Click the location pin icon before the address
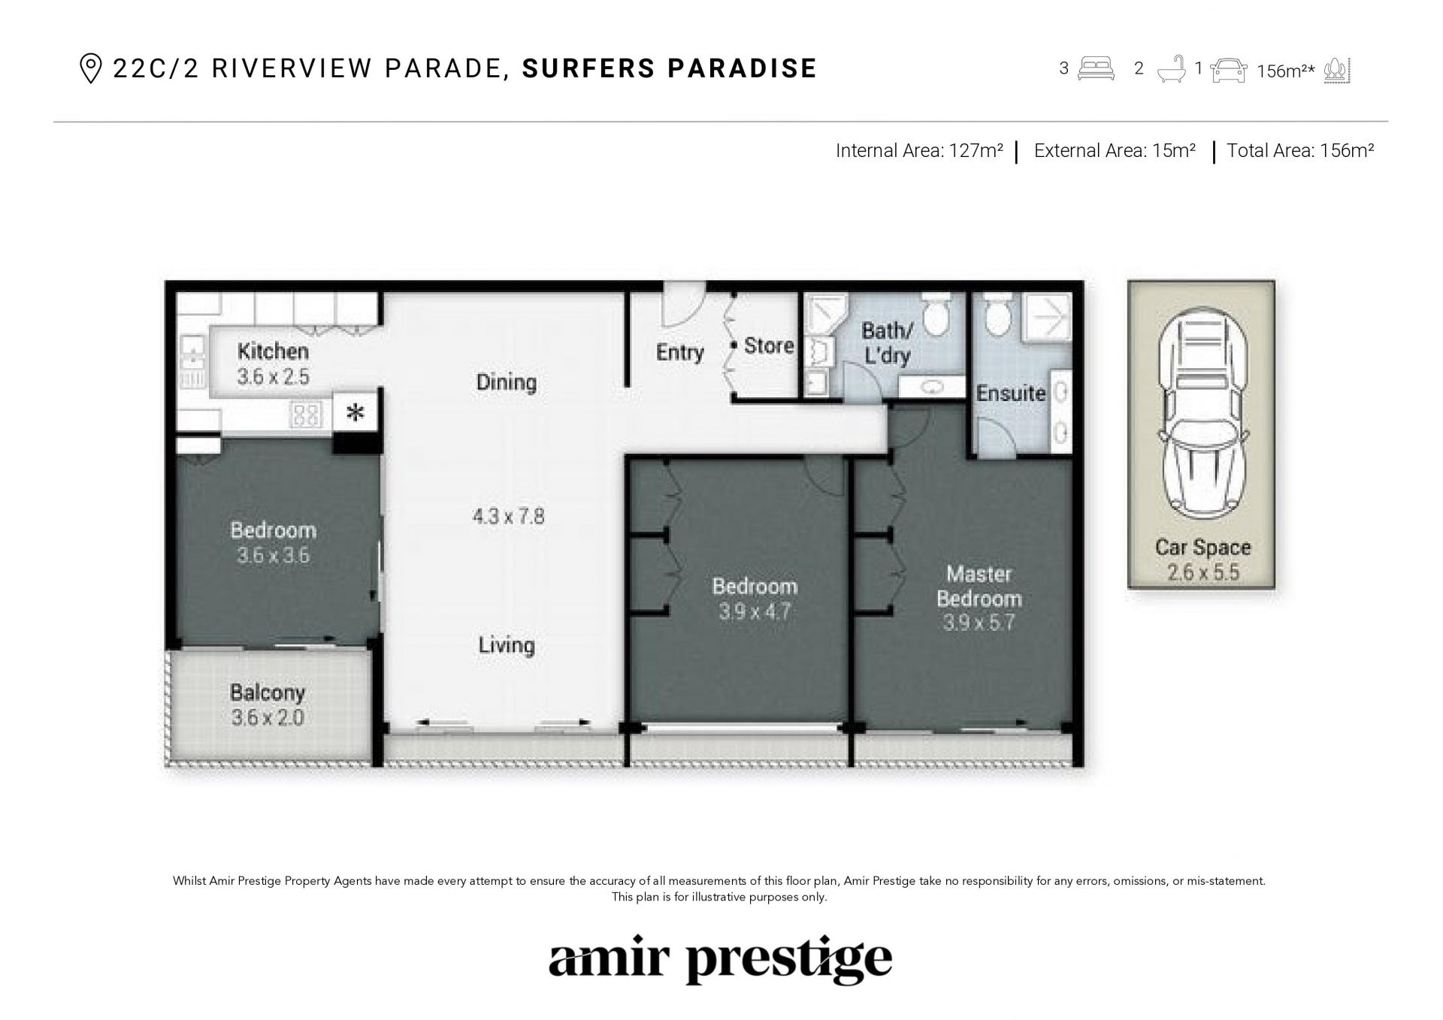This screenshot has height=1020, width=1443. (90, 69)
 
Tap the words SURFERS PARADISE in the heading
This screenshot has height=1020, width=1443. (670, 68)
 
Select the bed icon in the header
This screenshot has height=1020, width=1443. (1097, 68)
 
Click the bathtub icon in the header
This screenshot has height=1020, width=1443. (1171, 70)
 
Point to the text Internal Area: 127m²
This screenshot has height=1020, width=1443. (919, 151)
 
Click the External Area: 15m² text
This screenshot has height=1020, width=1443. (1115, 151)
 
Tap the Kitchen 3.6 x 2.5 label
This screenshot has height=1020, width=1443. (273, 364)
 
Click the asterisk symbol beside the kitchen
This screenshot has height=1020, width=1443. (355, 412)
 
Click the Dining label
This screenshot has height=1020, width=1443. (507, 382)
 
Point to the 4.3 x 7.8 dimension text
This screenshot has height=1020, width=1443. (508, 517)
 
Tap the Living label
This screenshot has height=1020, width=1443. (507, 645)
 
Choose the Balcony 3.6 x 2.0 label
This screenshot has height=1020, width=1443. (268, 705)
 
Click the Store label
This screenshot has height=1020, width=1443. (769, 346)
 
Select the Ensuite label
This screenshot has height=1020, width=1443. (1011, 393)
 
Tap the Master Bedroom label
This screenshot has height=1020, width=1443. (979, 587)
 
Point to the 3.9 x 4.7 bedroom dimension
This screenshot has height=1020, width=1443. (754, 612)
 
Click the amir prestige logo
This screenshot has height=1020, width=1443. (720, 959)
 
